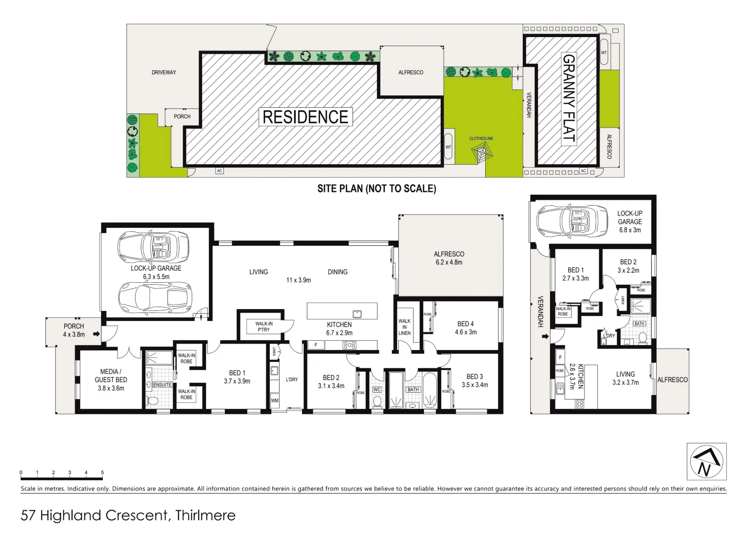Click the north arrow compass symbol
click(x=706, y=462)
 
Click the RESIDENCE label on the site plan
click(x=305, y=117)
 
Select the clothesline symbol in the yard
click(x=481, y=153)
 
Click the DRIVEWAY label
click(x=164, y=73)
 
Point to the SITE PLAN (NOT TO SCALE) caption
click(x=377, y=188)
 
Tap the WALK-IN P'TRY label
click(x=264, y=327)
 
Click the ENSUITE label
click(x=162, y=385)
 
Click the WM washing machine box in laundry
click(x=275, y=400)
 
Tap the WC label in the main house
click(x=377, y=390)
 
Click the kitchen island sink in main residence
click(x=357, y=314)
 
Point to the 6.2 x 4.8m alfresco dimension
click(x=449, y=263)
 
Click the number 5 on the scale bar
click(x=102, y=473)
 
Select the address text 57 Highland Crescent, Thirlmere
click(x=128, y=515)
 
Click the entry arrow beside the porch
click(x=96, y=334)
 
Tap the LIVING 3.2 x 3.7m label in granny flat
click(x=625, y=378)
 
